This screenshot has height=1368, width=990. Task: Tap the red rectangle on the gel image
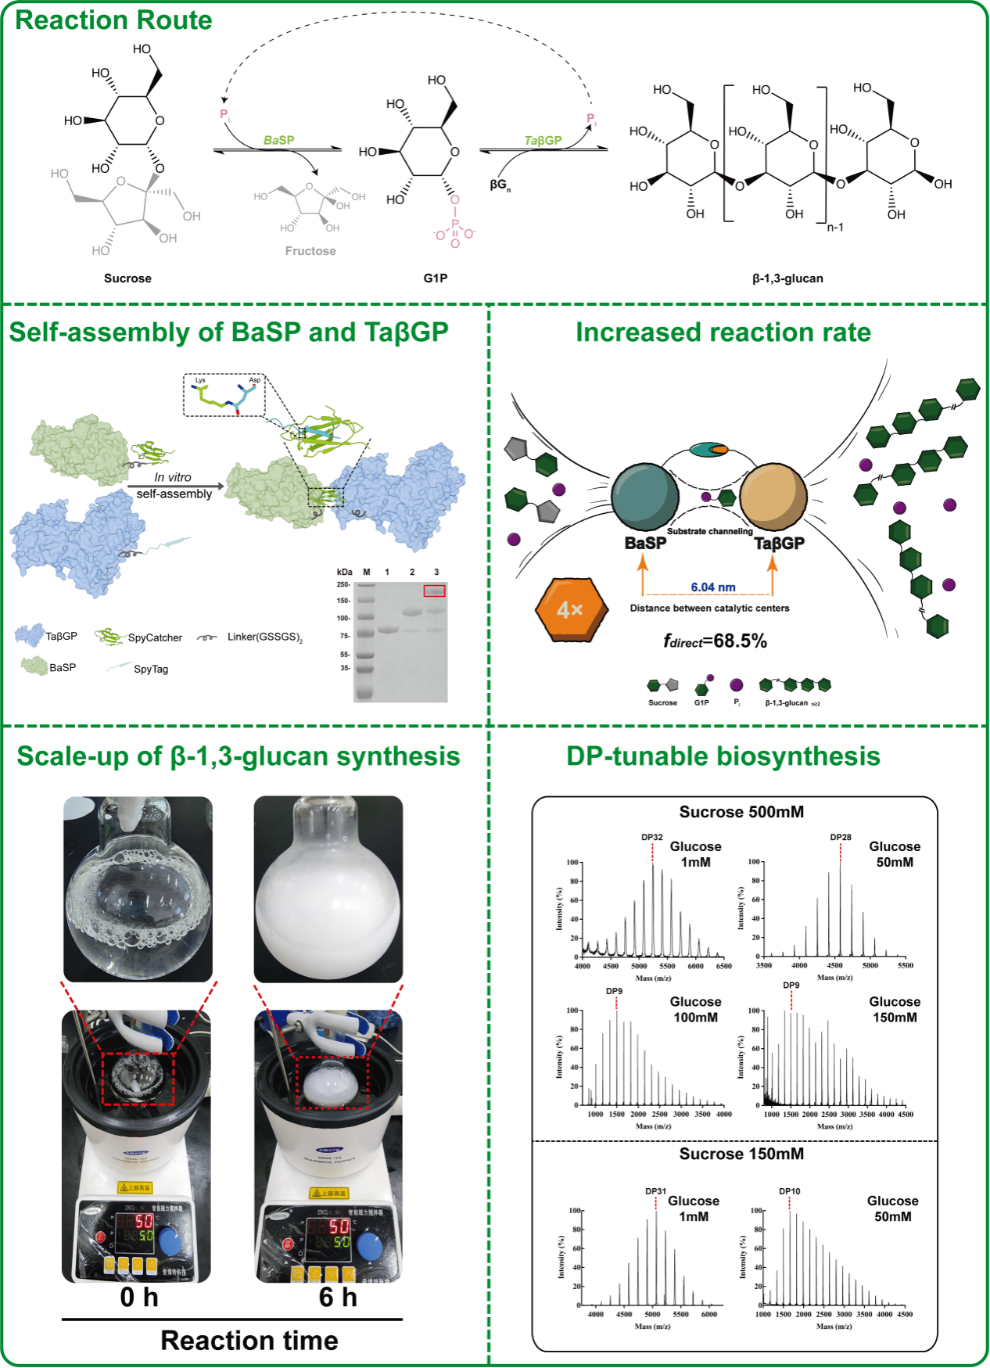[434, 591]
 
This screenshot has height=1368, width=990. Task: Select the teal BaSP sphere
[644, 496]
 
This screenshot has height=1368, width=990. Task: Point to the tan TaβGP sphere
[773, 496]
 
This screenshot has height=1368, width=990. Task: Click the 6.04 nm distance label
[712, 587]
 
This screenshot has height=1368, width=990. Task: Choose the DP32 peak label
[652, 837]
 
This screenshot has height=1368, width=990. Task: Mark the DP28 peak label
[841, 837]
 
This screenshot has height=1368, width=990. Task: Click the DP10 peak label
[789, 1191]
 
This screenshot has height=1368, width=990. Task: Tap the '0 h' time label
[139, 1298]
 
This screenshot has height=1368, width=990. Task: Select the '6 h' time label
[338, 1298]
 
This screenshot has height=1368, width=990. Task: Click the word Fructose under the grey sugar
[310, 251]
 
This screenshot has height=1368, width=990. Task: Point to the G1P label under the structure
[436, 278]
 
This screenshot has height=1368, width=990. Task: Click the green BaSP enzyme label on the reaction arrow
[278, 140]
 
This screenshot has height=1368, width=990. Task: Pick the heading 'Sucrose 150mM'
[741, 1154]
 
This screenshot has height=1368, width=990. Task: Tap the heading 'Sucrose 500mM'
[741, 812]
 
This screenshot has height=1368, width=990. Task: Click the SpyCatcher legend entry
[155, 637]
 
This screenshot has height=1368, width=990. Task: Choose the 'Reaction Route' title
[113, 20]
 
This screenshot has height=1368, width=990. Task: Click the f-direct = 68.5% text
[715, 641]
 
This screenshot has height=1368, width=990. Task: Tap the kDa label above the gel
[344, 572]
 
